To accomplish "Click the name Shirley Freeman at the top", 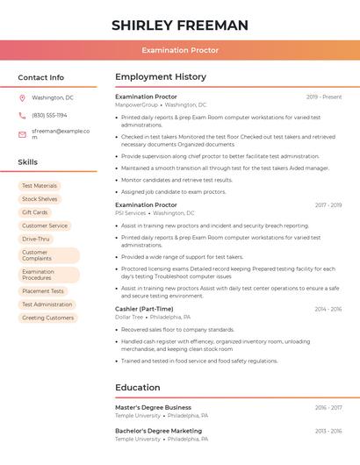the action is (x=180, y=25).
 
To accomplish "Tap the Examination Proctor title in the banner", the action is (x=180, y=50).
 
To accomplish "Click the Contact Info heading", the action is (x=40, y=77).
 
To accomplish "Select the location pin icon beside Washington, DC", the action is (x=22, y=97).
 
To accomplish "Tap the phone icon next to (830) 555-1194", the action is (x=22, y=115).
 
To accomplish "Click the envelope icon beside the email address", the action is (x=22, y=133).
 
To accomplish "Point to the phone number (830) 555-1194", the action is (x=49, y=115).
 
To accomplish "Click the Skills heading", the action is (x=28, y=162).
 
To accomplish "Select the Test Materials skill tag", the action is (x=40, y=186).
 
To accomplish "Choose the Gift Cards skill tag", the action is (x=35, y=212).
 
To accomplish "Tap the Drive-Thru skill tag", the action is (x=36, y=239).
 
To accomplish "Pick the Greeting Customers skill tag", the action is (x=48, y=318).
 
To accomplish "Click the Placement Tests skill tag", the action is (x=43, y=291).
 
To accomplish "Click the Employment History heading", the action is (x=161, y=77).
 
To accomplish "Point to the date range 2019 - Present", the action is (x=324, y=97).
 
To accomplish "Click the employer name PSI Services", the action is (x=131, y=213).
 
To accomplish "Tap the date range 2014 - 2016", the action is (x=328, y=309).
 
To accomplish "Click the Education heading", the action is (x=138, y=387).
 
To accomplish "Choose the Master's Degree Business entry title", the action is (x=153, y=407).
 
